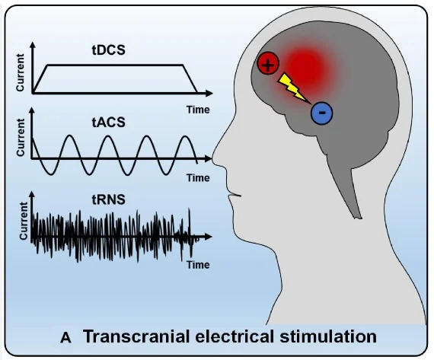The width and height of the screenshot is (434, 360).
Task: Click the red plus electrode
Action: point(267,65)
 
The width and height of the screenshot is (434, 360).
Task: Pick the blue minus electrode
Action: point(322,113)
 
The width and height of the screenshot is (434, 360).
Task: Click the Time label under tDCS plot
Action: point(198,109)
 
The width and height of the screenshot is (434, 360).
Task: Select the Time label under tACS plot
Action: point(198,178)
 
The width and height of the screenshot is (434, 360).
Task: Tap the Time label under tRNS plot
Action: point(198,265)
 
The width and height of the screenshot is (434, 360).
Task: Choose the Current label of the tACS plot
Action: point(21,139)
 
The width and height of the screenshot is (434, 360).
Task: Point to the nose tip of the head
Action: point(215,162)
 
